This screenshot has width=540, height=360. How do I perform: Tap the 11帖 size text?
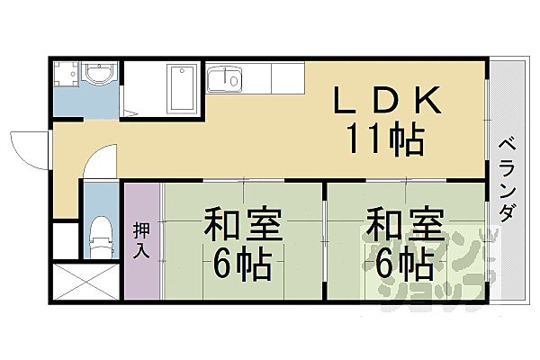(x=386, y=139)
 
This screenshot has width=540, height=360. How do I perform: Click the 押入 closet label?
(x=142, y=240)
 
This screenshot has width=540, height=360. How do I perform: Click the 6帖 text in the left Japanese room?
(x=242, y=263)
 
